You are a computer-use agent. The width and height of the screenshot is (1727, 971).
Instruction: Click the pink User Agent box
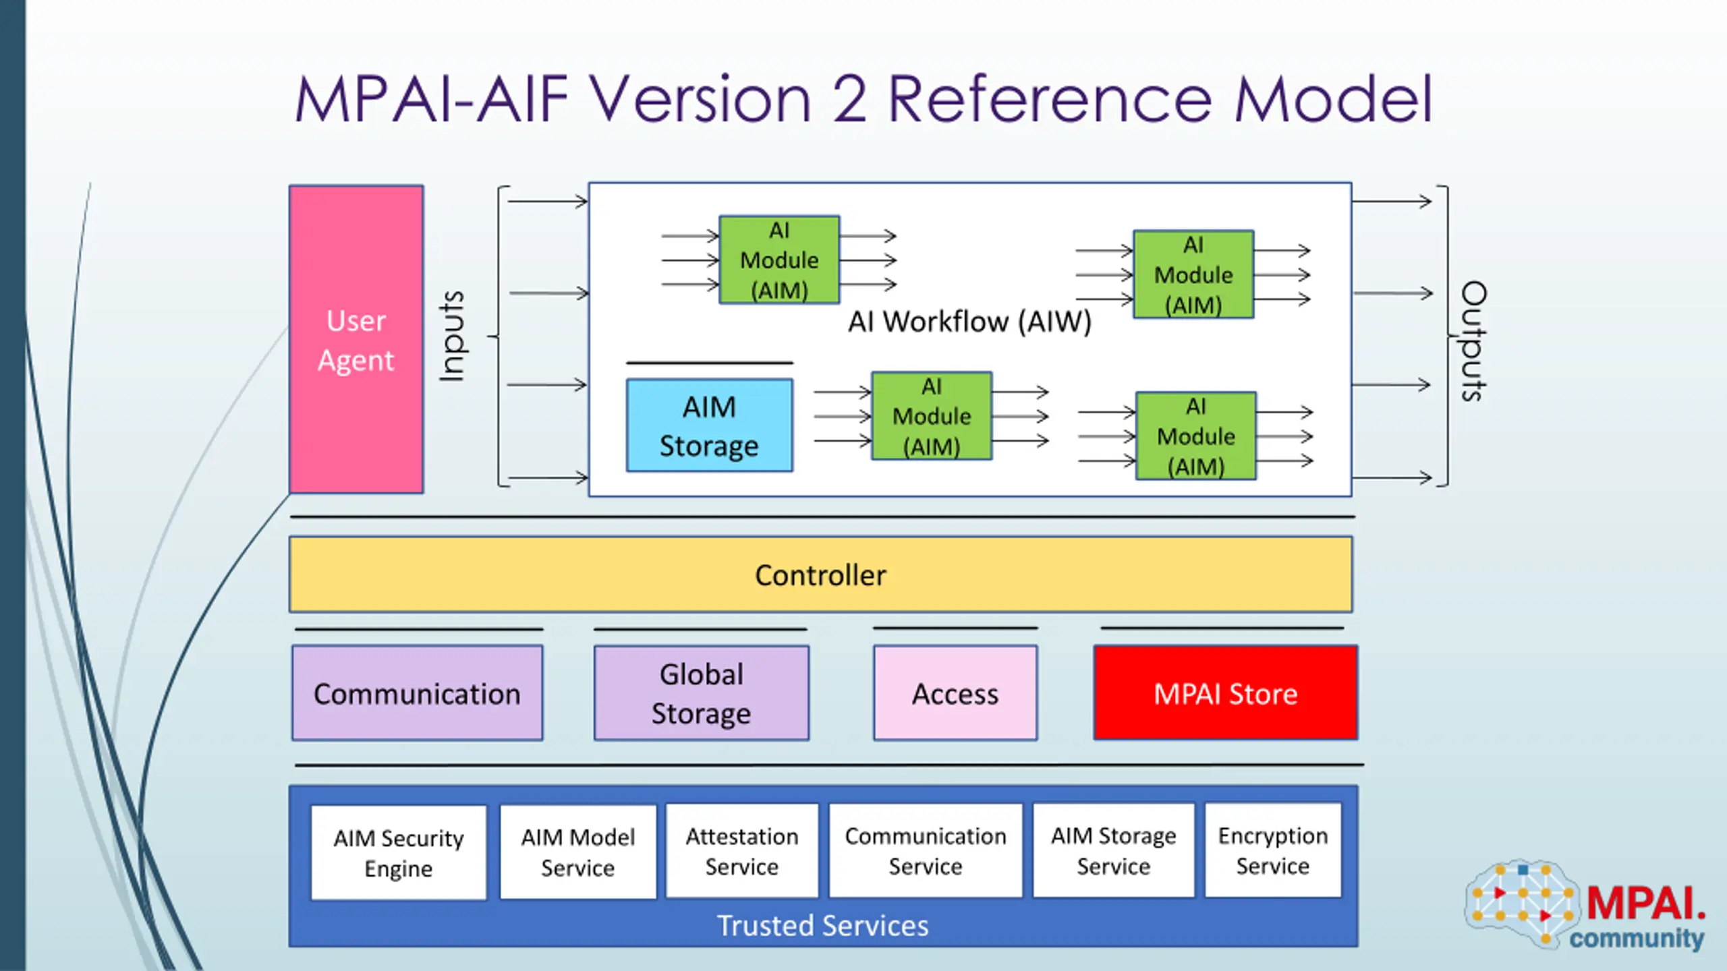tap(356, 340)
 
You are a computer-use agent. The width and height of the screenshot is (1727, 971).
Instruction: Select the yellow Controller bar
tap(820, 575)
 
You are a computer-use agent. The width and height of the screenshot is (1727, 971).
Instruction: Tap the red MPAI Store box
tap(1225, 693)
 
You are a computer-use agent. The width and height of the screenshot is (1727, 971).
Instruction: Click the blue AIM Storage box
tap(709, 425)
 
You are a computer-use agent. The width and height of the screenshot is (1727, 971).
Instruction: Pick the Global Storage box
tap(702, 693)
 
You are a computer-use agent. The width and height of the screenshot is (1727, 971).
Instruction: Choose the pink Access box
tap(955, 693)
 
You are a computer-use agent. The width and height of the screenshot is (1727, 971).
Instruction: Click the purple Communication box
tap(417, 693)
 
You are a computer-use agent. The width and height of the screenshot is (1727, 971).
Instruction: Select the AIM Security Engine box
tap(399, 853)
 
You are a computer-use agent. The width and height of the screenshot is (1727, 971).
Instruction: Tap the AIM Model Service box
tap(578, 852)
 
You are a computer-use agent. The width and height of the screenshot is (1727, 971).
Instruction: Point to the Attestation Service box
tap(742, 851)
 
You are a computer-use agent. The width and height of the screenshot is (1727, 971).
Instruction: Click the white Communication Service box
tap(926, 850)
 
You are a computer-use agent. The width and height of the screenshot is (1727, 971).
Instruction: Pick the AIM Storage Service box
tap(1114, 850)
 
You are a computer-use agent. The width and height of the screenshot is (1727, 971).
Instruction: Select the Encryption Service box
tap(1273, 850)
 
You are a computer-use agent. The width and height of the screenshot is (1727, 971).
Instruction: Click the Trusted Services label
tap(822, 926)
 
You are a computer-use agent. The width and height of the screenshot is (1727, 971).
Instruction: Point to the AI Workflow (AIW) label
tap(969, 322)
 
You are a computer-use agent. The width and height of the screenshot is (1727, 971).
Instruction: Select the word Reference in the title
tap(1050, 100)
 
